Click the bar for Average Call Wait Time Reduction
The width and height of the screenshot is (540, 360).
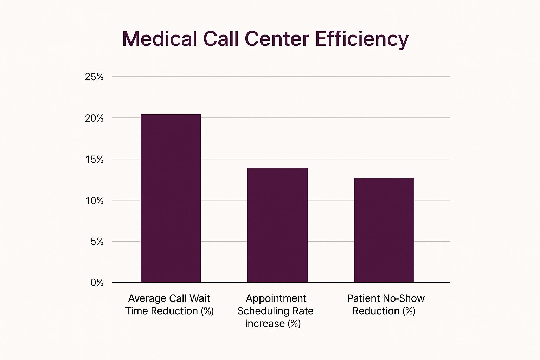tap(171, 198)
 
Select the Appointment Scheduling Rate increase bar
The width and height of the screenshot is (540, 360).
tap(277, 225)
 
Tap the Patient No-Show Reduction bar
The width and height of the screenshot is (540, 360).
tap(384, 230)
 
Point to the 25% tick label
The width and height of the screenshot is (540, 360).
tap(94, 77)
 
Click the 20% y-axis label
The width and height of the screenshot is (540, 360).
tap(94, 118)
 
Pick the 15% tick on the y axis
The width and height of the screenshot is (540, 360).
tap(94, 160)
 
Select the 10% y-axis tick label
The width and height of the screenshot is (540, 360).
tap(94, 201)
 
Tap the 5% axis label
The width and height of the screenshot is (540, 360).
tap(97, 242)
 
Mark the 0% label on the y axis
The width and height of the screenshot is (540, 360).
tap(97, 283)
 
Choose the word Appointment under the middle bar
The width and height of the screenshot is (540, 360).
tap(276, 298)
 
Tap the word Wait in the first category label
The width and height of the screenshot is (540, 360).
tap(199, 298)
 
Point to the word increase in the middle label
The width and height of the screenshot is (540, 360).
tap(265, 323)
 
